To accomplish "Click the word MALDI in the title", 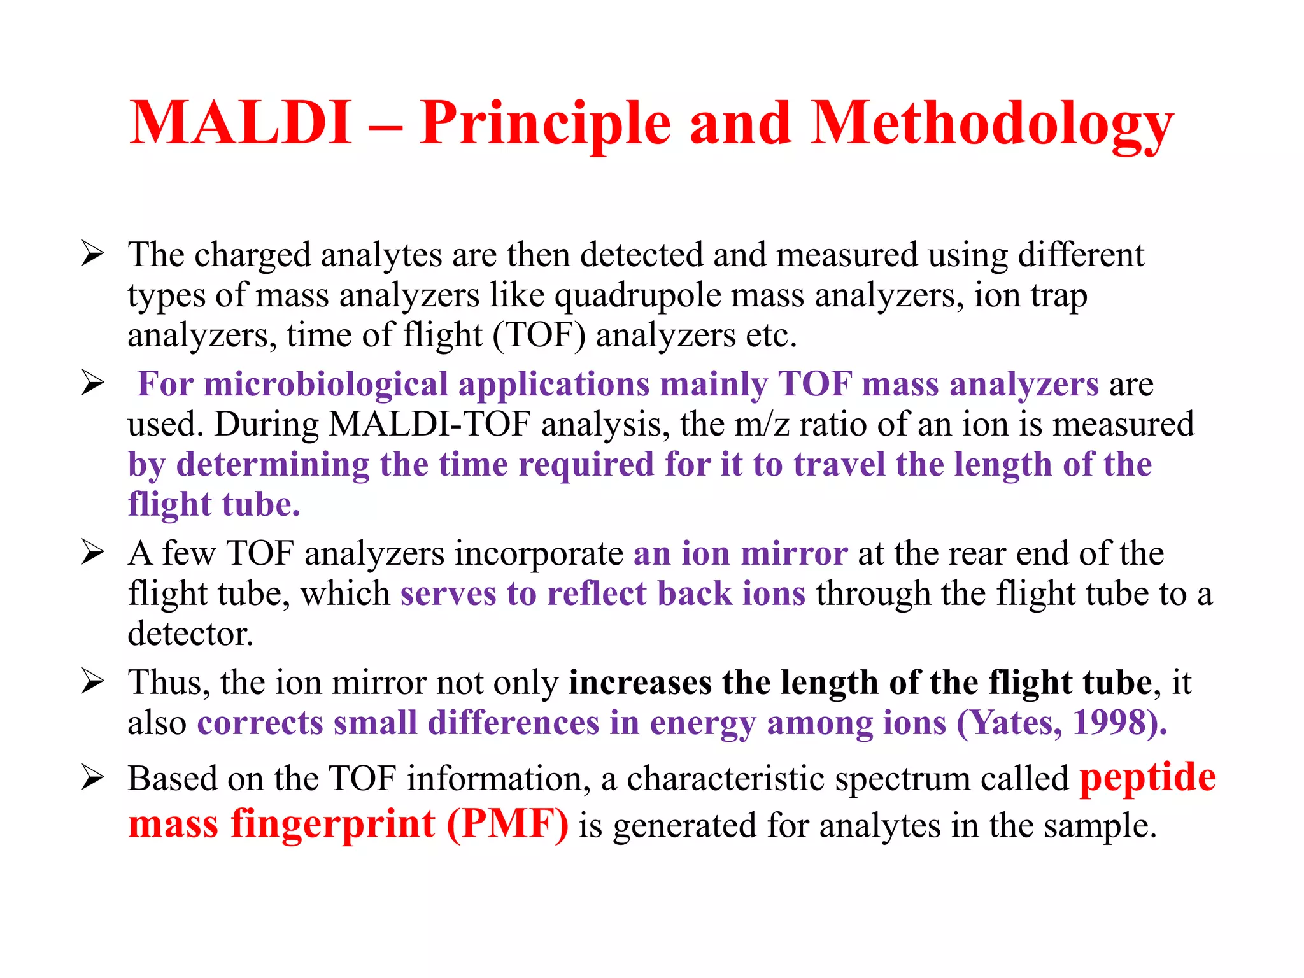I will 240,123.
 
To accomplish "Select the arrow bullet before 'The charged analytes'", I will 93,254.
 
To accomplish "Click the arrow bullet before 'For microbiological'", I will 93,383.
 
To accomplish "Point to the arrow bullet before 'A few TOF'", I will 93,553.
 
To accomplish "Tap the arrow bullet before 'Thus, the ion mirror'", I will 93,682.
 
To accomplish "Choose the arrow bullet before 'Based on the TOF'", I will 93,777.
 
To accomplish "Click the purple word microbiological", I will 325,385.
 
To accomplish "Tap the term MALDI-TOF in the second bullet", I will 430,424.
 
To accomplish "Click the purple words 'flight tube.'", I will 214,505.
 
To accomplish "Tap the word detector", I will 190,634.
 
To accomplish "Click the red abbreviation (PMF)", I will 507,825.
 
